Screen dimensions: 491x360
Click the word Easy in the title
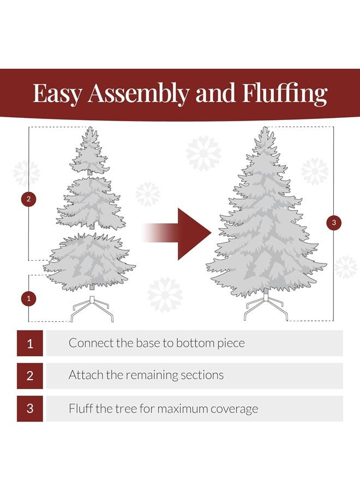pos(57,93)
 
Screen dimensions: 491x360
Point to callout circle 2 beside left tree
pos(28,199)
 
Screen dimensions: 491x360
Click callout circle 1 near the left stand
pos(28,298)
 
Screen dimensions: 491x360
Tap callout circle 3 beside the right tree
pos(333,223)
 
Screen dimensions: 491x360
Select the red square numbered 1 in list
pos(30,343)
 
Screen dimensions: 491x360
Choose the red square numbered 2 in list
pos(30,375)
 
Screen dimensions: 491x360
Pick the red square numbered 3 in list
pos(30,408)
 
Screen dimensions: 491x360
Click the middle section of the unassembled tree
pos(90,202)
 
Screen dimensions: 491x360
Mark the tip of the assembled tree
pos(265,131)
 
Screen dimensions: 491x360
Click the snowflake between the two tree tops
pos(203,153)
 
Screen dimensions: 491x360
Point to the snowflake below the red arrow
pos(165,295)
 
